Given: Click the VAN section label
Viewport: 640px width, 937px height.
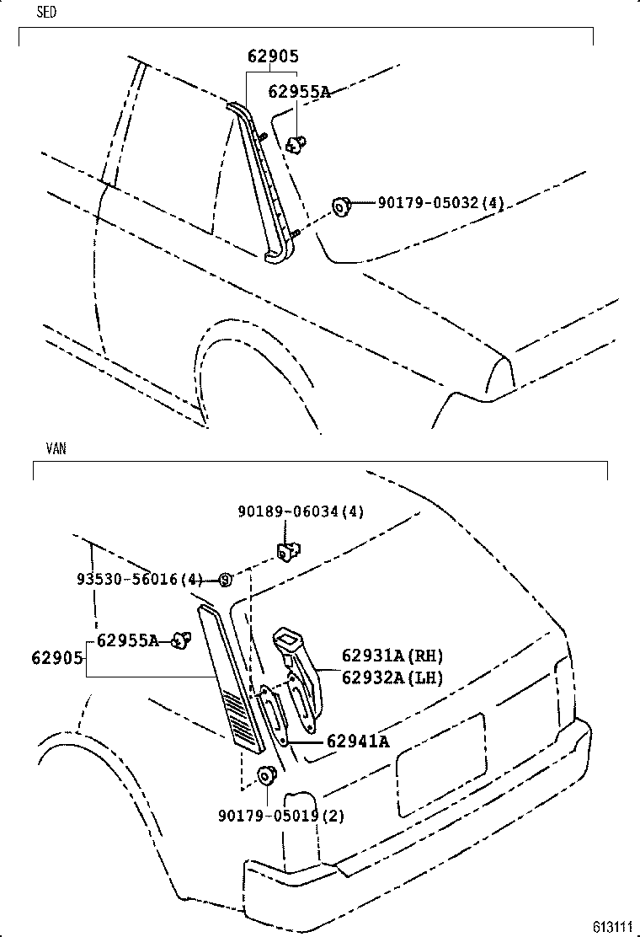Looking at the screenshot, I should pos(56,448).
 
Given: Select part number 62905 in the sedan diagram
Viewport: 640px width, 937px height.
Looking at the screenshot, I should pos(273,56).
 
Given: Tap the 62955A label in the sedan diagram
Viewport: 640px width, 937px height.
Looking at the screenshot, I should pos(299,92).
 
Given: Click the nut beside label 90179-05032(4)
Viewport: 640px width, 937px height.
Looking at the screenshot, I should pos(341,205).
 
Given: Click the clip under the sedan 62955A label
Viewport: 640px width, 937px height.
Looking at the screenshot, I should pos(296,144).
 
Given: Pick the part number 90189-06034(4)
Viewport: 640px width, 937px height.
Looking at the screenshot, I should pos(300,511).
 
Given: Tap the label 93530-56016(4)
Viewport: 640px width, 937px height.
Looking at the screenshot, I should pos(140,579).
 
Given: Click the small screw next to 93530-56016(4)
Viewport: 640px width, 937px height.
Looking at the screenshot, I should pos(226,580).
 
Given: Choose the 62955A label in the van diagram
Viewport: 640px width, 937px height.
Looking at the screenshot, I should pos(127,640).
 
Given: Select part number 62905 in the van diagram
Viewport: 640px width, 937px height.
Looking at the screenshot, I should pos(58,657).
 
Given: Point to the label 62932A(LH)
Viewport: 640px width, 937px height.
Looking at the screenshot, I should pos(392,676).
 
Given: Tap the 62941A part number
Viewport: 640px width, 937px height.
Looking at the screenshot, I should pos(357,742).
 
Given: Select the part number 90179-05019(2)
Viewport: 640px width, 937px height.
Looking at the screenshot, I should pos(281,816).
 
